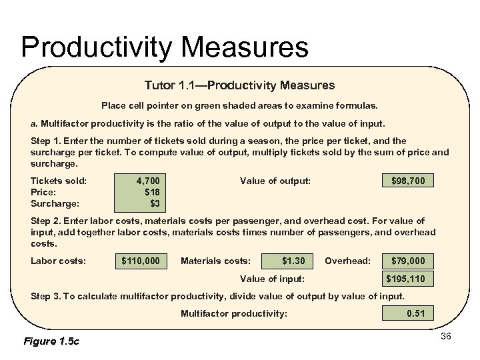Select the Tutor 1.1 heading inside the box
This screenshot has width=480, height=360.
240,85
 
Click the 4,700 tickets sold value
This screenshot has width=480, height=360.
148,181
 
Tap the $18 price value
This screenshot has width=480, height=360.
152,192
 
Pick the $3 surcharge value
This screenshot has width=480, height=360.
155,203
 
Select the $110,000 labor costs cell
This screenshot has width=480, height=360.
141,260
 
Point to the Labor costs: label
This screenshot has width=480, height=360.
59,260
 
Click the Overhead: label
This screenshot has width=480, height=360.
347,260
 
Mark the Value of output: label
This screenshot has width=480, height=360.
275,181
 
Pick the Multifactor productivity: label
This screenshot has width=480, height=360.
234,313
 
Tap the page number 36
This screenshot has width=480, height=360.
446,336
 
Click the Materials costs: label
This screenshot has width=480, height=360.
215,260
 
